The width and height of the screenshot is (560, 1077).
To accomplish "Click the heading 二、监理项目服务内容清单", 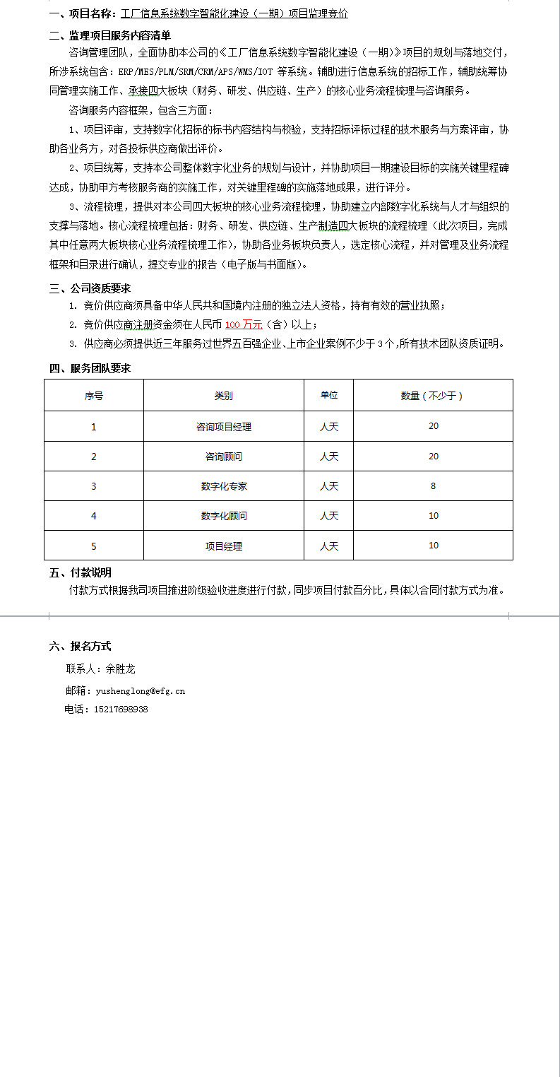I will tap(109, 35).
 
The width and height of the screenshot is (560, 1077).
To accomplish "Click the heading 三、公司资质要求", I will tap(90, 288).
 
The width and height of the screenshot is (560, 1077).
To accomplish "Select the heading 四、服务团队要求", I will tap(90, 367).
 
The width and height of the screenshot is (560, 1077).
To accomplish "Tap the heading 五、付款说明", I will tap(80, 572).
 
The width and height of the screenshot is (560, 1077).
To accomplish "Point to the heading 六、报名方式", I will tap(80, 646).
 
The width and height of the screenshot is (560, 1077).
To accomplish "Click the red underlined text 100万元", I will tap(244, 324).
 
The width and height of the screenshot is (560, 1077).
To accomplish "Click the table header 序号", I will tap(93, 396).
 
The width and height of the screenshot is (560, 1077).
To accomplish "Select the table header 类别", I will tap(223, 396).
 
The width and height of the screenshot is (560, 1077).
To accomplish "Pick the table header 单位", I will tap(328, 395).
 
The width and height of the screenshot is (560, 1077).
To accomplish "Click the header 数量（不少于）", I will tap(432, 396).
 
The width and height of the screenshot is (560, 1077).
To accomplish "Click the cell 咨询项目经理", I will tap(223, 427).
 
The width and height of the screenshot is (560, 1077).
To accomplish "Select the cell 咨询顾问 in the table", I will tap(223, 457).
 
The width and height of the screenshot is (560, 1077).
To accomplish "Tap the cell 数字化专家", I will tap(223, 486).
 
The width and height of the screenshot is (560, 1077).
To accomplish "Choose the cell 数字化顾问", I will tap(223, 516).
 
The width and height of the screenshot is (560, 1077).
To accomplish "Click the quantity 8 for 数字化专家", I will tap(433, 486).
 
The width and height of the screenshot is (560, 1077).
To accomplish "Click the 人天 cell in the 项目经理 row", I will tap(328, 546).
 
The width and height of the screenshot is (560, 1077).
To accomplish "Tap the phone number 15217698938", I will tap(121, 710).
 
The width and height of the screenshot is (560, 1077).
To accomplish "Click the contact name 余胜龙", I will tap(120, 669).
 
